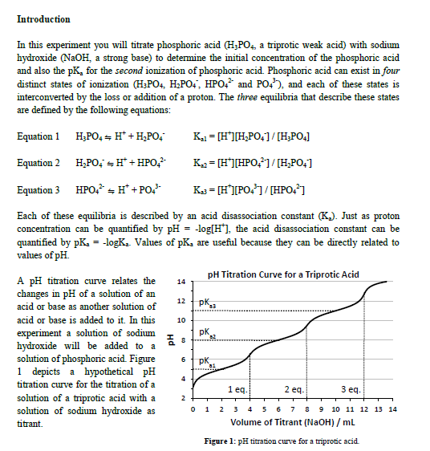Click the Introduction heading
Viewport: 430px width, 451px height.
pyautogui.click(x=43, y=18)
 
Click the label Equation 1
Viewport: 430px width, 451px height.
pyautogui.click(x=38, y=136)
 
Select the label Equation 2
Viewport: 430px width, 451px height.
pyautogui.click(x=38, y=163)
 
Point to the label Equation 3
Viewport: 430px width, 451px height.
pyautogui.click(x=38, y=190)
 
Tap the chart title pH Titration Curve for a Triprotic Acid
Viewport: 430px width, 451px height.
pyautogui.click(x=283, y=274)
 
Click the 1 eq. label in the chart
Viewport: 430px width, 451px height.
pyautogui.click(x=238, y=389)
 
